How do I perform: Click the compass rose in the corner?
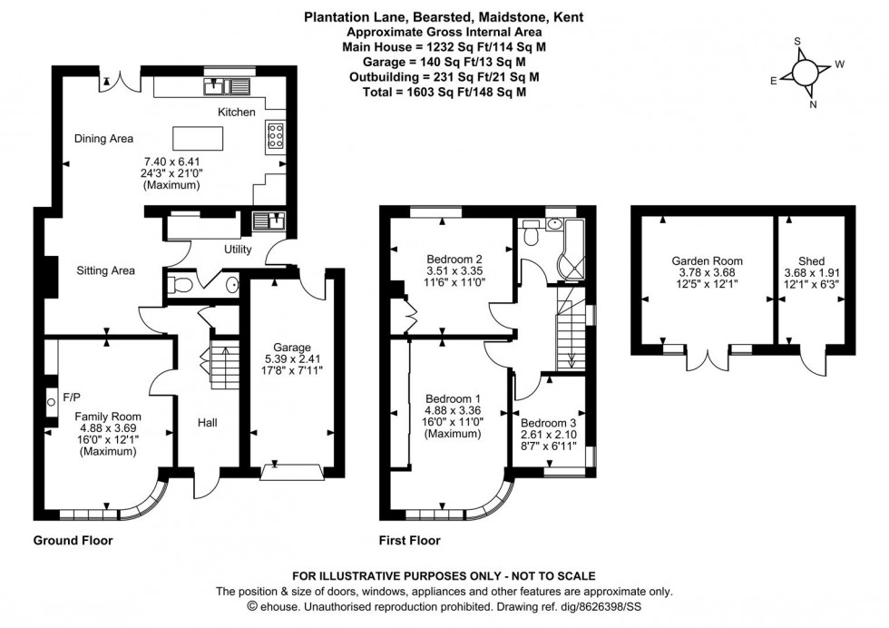click(x=806, y=73)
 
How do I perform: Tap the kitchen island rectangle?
click(x=198, y=138)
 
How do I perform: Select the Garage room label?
click(x=293, y=347)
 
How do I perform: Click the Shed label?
click(x=811, y=260)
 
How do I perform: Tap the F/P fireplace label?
click(x=72, y=397)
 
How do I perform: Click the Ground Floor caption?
click(x=73, y=541)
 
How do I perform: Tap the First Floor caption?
click(x=409, y=541)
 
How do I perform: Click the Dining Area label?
click(x=103, y=139)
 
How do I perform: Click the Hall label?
click(x=206, y=423)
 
